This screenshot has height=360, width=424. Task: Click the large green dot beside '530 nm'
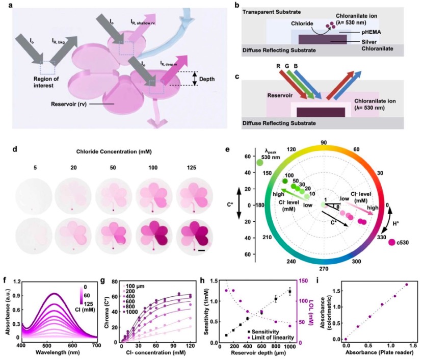pos(260,163)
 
